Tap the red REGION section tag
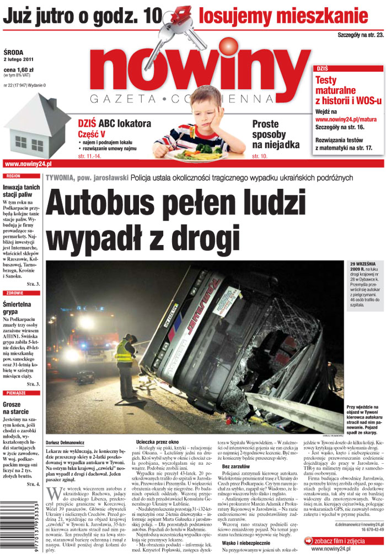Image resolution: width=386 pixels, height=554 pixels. click(x=13, y=176)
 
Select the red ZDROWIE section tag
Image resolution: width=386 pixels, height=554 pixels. click(x=15, y=293)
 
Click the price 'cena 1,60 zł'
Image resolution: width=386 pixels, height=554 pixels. click(x=19, y=70)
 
